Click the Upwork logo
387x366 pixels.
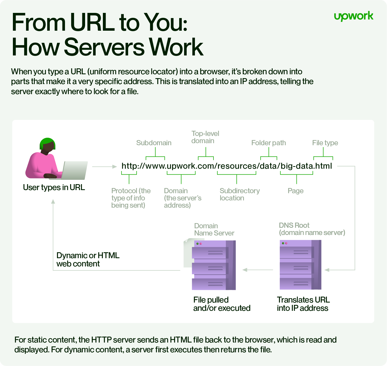click(x=353, y=16)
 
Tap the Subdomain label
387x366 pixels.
click(x=154, y=143)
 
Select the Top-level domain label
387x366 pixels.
click(x=205, y=137)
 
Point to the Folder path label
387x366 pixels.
click(x=268, y=143)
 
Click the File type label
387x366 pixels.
click(x=325, y=143)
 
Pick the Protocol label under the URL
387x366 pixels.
click(x=131, y=198)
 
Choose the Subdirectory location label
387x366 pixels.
click(x=240, y=194)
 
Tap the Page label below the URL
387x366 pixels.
click(x=295, y=191)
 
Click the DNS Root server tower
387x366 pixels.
click(x=300, y=265)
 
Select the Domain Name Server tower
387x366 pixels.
click(x=214, y=265)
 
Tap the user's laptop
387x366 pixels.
click(x=74, y=170)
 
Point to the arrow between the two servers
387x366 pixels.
click(x=258, y=270)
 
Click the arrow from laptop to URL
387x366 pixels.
click(x=104, y=167)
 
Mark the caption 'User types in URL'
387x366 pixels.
click(x=54, y=187)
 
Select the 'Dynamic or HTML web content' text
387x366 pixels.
click(x=88, y=259)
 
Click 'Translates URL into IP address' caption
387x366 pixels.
click(x=303, y=304)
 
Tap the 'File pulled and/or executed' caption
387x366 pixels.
click(x=222, y=304)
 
